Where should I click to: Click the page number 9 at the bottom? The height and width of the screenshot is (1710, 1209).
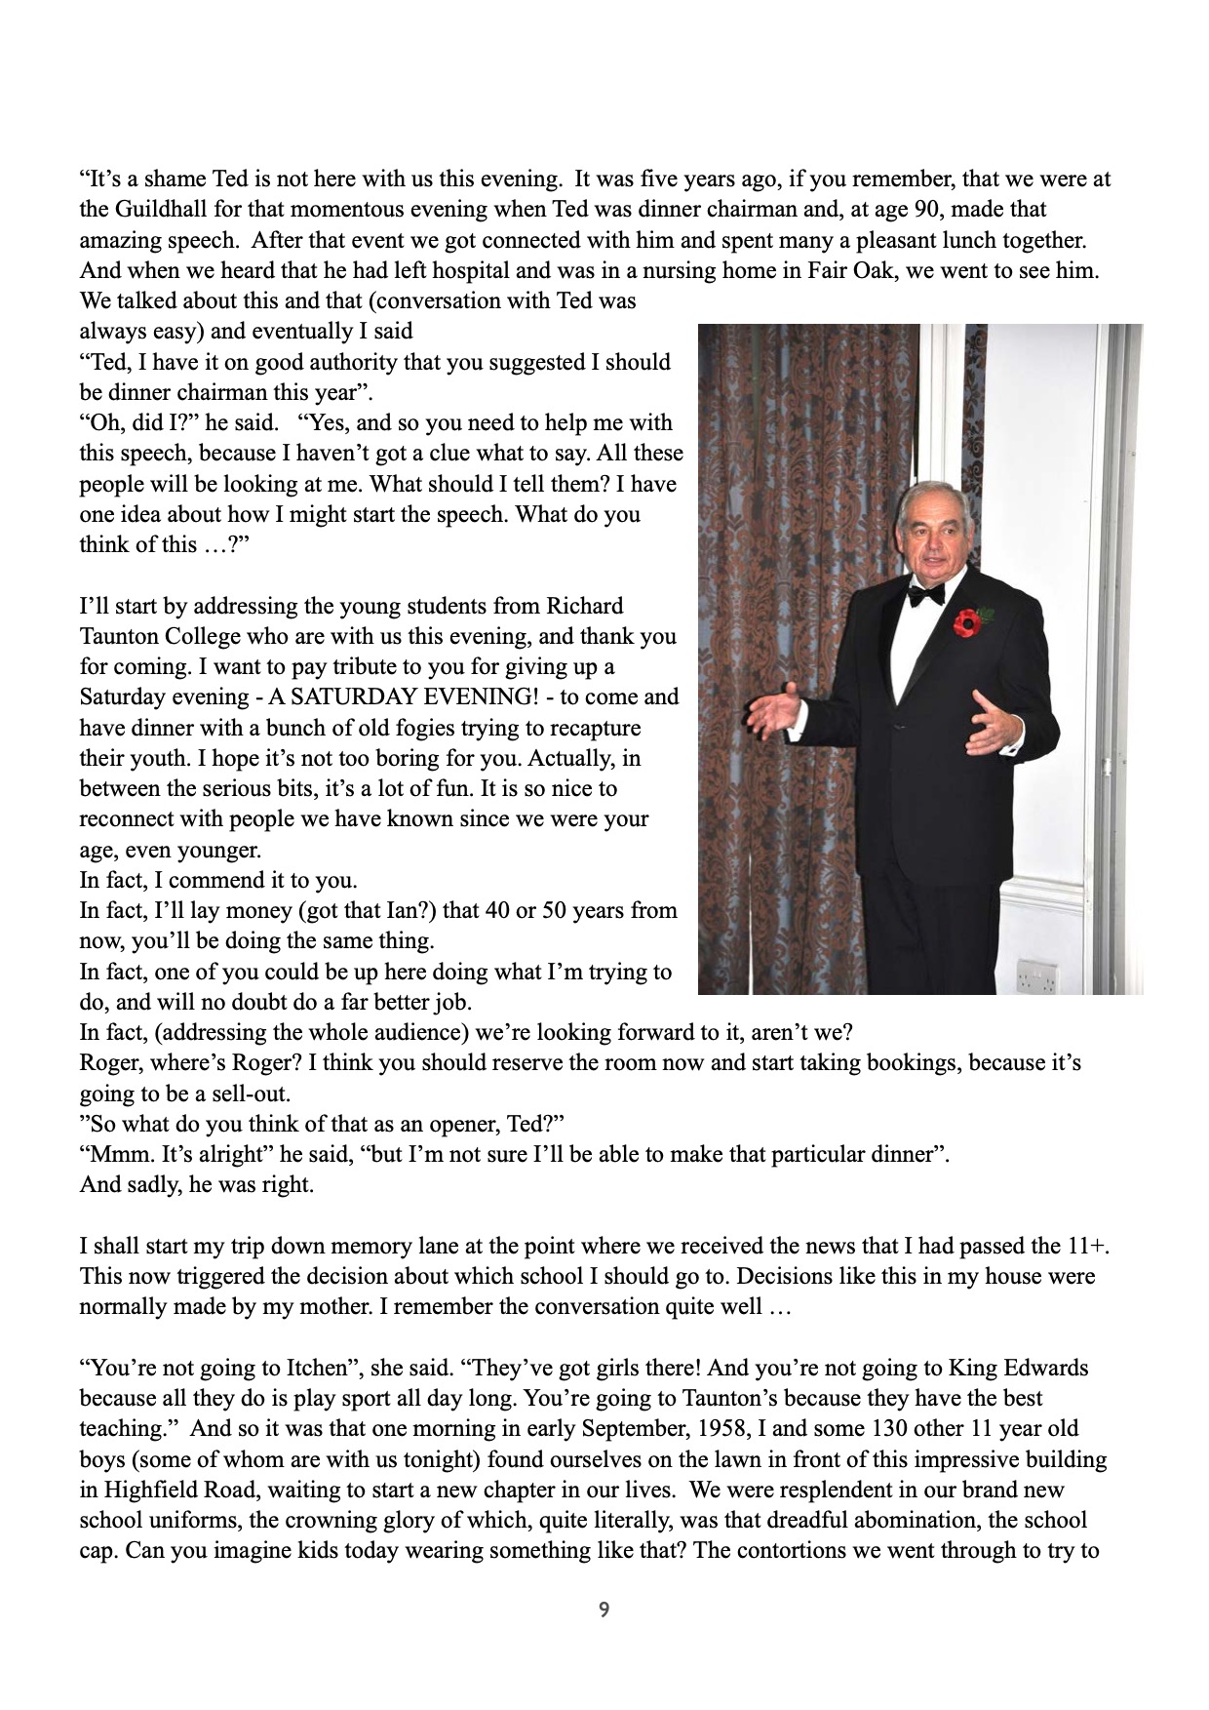[604, 1611]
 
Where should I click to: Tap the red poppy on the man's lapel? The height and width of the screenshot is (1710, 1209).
[968, 621]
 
